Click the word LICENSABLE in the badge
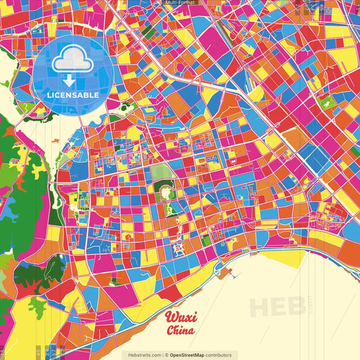[x=72, y=95]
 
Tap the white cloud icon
[x=72, y=61]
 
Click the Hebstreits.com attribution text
[x=142, y=355]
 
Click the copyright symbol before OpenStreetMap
[x=166, y=355]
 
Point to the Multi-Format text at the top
[x=180, y=3]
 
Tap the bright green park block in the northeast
[x=327, y=104]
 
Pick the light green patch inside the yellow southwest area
[x=37, y=309]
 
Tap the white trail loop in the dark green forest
[x=30, y=274]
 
